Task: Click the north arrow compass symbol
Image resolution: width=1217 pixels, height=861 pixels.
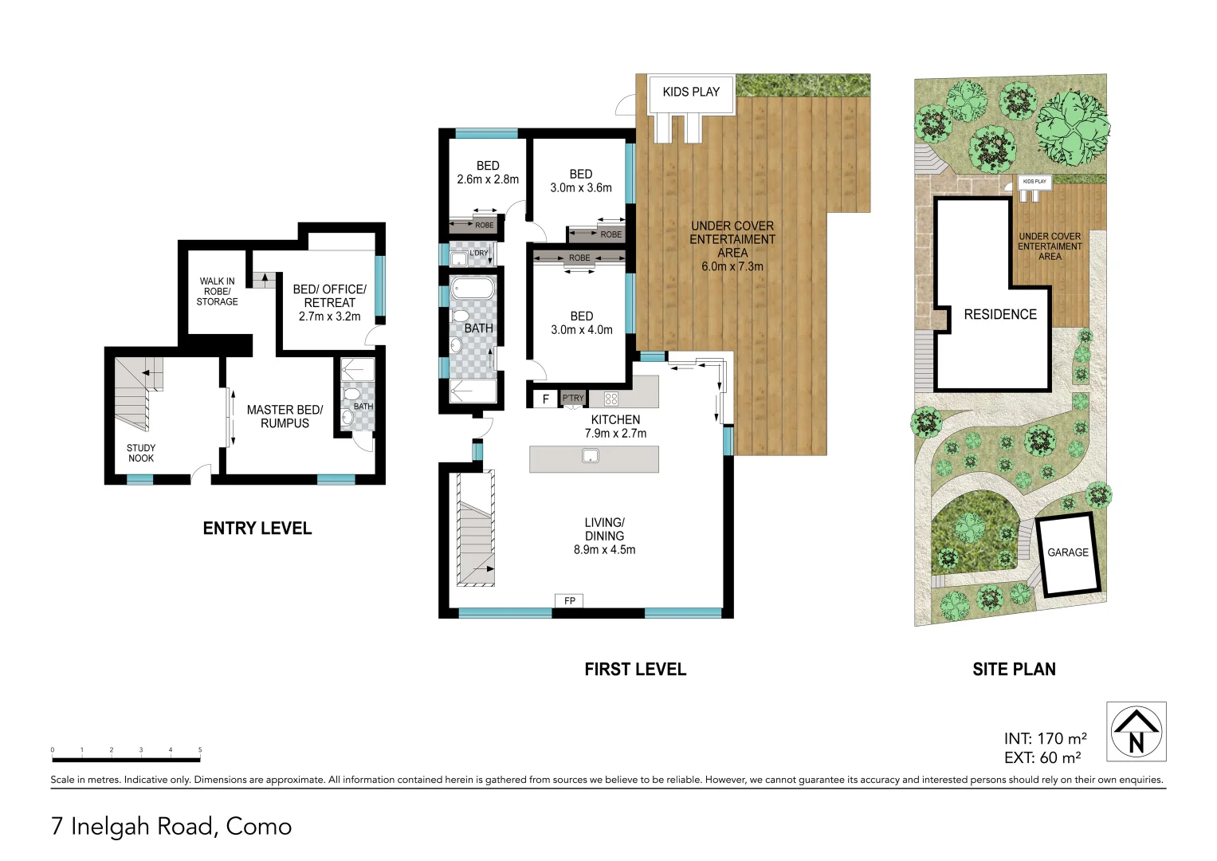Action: (x=1136, y=731)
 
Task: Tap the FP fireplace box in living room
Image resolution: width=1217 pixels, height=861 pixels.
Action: (x=569, y=601)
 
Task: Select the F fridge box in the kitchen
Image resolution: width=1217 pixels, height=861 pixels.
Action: (x=546, y=399)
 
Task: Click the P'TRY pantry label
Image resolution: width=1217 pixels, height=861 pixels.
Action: (x=573, y=398)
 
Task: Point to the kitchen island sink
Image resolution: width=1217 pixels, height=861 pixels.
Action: (x=590, y=456)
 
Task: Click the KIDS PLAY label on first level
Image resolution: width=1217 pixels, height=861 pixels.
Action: (x=690, y=92)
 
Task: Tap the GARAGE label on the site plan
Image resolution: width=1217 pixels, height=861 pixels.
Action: (x=1067, y=552)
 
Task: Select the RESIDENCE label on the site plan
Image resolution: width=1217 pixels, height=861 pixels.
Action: (x=1000, y=315)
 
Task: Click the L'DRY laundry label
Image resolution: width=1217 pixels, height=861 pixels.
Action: (x=478, y=254)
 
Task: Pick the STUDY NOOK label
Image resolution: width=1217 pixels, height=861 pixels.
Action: (x=141, y=453)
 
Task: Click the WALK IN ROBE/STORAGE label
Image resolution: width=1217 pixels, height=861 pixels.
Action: (x=217, y=291)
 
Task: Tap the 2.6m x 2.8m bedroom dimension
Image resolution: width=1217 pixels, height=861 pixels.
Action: (x=488, y=180)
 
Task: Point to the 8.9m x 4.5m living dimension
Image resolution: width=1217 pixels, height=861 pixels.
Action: (x=604, y=549)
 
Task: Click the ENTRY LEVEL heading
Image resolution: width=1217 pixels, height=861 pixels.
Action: (x=257, y=529)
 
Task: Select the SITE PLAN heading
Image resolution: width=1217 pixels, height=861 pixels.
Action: (x=1014, y=670)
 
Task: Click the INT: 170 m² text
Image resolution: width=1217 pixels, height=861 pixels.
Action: (x=1045, y=739)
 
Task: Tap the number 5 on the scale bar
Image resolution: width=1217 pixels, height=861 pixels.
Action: (x=200, y=750)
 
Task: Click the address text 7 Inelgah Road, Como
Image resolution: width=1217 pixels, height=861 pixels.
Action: (x=171, y=827)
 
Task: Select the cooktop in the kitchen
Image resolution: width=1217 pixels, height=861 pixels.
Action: (x=611, y=399)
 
